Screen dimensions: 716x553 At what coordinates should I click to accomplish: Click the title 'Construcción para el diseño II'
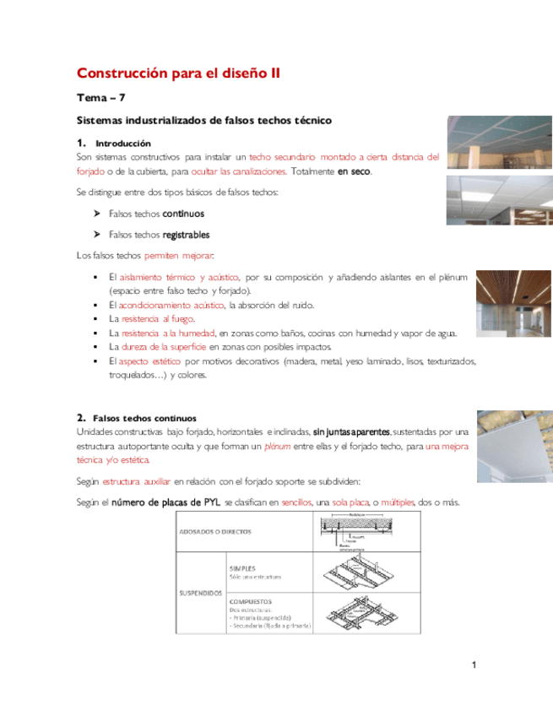coord(178,73)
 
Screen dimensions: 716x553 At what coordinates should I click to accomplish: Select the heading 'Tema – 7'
coord(100,99)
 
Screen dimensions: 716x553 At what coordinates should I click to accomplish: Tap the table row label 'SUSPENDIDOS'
coord(198,593)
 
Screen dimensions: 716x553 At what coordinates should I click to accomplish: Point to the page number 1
coord(474,666)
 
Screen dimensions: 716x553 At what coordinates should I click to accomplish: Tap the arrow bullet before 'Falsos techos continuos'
coord(96,214)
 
